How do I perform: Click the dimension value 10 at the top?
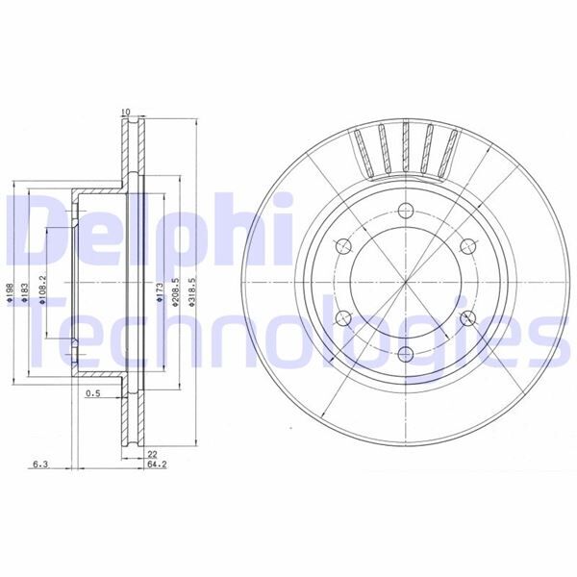click(125, 113)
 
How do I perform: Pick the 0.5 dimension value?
click(93, 393)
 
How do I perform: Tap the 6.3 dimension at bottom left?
click(40, 464)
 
